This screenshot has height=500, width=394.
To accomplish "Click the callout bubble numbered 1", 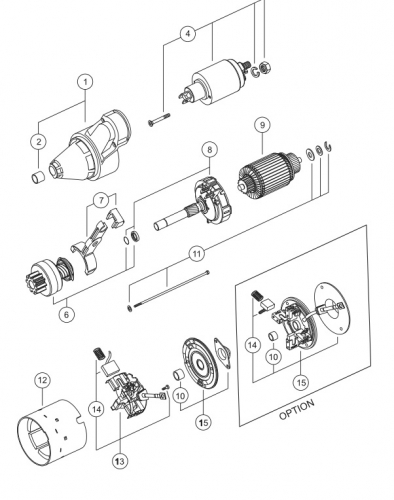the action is [x=85, y=82].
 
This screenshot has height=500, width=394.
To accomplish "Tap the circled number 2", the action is [x=39, y=142].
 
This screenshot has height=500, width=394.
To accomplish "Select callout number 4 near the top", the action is [x=188, y=34].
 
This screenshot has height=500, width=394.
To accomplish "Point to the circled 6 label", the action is [x=67, y=314].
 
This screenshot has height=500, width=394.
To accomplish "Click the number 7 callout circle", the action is [x=101, y=200].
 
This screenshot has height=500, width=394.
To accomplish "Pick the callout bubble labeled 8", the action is [x=209, y=150].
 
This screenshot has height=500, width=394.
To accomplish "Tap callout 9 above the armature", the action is [x=262, y=125].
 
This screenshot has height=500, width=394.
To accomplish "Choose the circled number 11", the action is [x=197, y=254].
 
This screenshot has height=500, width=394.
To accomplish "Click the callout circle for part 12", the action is [x=42, y=380].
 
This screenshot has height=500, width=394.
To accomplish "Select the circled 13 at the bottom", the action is [x=120, y=461].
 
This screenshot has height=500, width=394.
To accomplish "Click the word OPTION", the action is [x=297, y=409].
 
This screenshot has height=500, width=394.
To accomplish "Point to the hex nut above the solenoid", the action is [x=265, y=67].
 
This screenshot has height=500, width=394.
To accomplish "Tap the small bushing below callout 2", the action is [x=39, y=177].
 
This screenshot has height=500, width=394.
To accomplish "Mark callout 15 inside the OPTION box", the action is [x=301, y=382].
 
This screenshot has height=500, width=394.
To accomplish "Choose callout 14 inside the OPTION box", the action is [x=253, y=345].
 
